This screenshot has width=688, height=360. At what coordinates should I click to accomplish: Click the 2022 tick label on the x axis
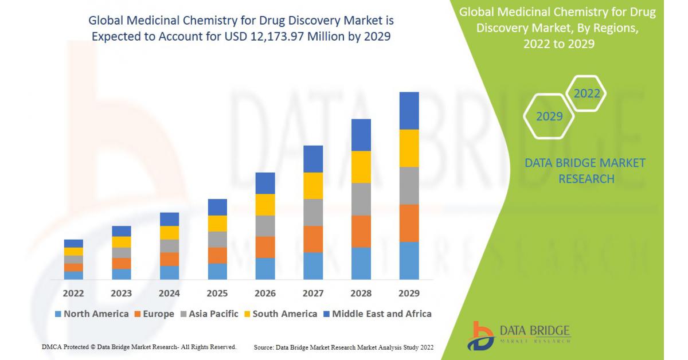click(73, 293)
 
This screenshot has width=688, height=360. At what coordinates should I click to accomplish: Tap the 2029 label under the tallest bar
click(409, 293)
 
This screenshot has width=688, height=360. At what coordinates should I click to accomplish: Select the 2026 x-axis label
click(265, 293)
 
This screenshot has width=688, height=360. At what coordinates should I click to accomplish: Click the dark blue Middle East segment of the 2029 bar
click(409, 111)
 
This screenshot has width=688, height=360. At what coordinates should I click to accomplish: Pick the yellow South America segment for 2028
click(361, 167)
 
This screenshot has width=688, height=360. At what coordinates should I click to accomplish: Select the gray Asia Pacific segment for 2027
click(313, 212)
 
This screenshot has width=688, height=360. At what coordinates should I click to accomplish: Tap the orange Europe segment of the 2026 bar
click(265, 247)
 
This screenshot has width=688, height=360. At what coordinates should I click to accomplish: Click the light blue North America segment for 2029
click(409, 260)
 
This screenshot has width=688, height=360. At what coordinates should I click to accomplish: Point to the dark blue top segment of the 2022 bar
click(73, 244)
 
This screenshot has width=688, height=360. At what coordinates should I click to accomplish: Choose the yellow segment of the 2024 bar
click(169, 233)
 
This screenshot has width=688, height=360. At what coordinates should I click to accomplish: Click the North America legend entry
click(92, 314)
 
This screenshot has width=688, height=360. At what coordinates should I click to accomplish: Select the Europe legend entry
click(154, 314)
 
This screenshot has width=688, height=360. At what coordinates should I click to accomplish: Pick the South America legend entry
click(280, 314)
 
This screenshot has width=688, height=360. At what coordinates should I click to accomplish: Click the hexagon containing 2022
click(587, 93)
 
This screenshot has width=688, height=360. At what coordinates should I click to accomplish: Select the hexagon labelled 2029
click(549, 116)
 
